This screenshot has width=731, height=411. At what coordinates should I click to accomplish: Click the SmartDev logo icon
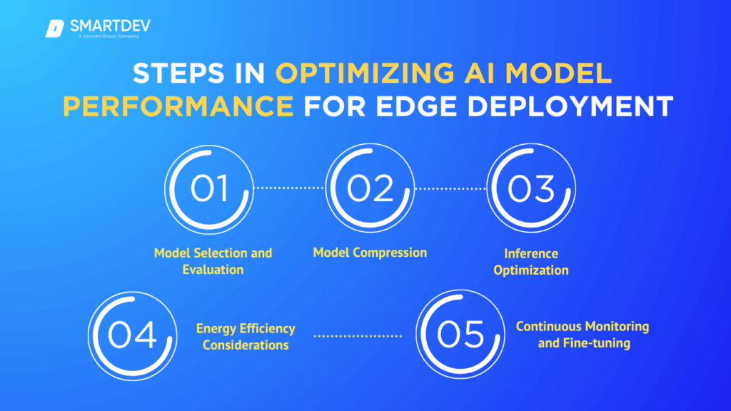[x=55, y=29]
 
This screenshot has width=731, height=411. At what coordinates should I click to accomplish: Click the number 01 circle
[x=209, y=188]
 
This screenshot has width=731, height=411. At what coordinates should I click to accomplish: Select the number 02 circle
[x=370, y=188]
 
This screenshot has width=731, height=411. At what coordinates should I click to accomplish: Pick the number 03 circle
[x=531, y=188]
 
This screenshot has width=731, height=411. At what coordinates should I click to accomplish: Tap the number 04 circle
[x=132, y=335]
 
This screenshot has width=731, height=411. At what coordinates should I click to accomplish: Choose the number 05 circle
[x=460, y=335]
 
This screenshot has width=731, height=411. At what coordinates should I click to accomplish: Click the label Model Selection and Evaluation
[x=213, y=261]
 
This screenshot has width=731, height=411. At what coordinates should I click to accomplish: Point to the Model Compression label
[x=370, y=253]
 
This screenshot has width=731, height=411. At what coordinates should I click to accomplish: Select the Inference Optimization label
[x=530, y=261]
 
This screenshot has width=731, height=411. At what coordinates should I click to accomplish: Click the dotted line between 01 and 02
[x=289, y=188]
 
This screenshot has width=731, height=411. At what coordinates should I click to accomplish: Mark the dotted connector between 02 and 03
[x=450, y=188]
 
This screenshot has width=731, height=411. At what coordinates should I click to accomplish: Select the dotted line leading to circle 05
[x=358, y=335]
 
